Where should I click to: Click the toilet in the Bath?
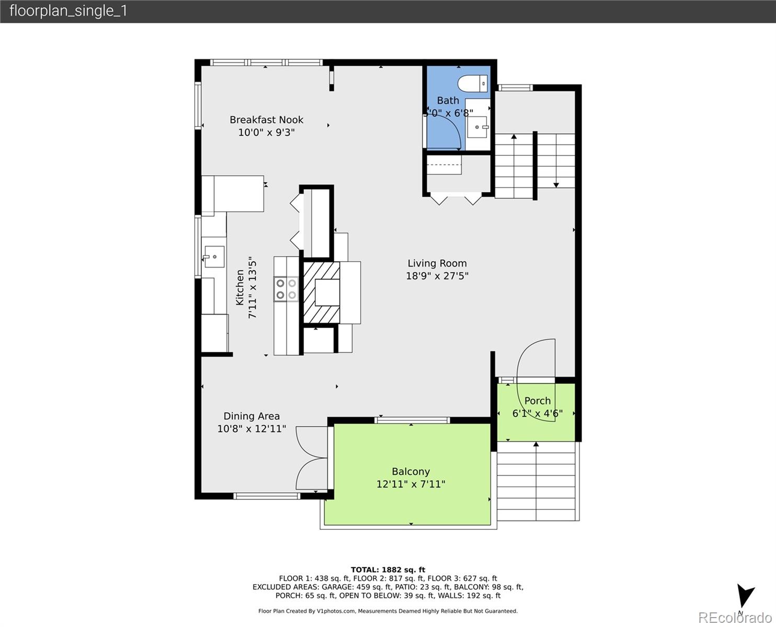[x=473, y=84]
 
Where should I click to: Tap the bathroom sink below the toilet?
[x=477, y=126]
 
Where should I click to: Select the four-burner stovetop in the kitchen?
[x=286, y=289]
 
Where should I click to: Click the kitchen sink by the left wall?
[x=214, y=257]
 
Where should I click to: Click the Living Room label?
[x=437, y=263]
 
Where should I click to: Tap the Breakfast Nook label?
[x=266, y=120]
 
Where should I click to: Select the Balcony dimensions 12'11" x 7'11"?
[x=410, y=484]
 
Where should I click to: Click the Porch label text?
[x=537, y=401]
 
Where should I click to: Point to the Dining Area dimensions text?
[x=252, y=429]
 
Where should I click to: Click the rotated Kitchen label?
[x=240, y=287]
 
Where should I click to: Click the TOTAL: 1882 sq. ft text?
[x=387, y=570]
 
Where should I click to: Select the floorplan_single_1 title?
[x=68, y=11]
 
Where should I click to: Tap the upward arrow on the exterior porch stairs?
[x=536, y=445]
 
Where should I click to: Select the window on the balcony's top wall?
[x=412, y=420]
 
